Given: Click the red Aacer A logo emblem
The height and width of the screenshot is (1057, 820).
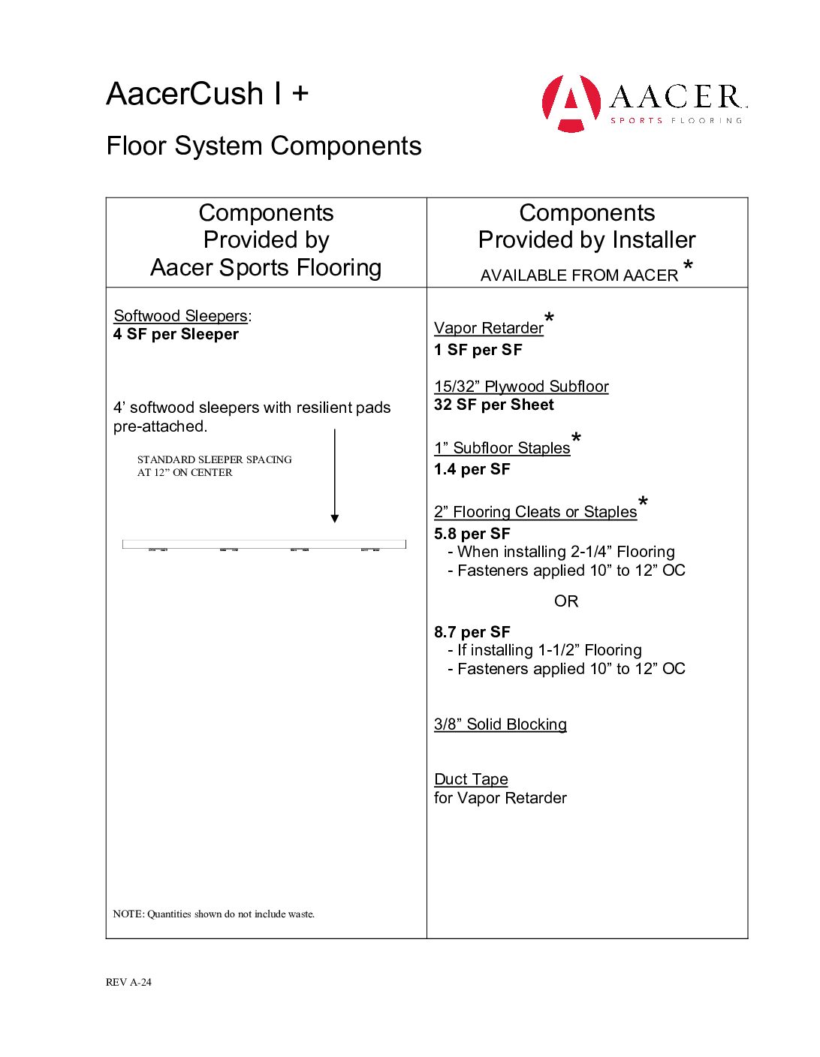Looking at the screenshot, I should coord(571,103).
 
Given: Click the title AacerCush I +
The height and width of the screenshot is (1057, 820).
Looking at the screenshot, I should coord(207,95).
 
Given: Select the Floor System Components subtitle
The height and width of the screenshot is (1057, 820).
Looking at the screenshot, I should coord(264,146).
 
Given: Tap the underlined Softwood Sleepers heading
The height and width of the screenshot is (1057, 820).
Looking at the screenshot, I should coord(180,316).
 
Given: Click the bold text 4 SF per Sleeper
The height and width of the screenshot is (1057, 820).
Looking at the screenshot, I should coord(176,334).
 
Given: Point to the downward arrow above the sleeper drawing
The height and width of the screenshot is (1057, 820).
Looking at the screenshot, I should coord(335,476).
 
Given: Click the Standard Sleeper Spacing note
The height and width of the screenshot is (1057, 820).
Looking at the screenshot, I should coord(214,465).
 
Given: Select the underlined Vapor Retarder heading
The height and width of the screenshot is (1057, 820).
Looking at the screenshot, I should coord(488,328).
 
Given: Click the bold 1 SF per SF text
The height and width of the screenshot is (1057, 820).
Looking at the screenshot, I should coord(478,350).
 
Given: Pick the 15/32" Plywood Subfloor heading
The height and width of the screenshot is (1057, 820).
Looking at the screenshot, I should coord(521,387).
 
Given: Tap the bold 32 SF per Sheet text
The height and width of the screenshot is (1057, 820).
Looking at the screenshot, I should coord(493,405).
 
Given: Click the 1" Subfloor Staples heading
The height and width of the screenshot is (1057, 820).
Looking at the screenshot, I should coord(502,448).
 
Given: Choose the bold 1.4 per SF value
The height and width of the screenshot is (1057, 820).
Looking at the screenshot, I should coord(472,469).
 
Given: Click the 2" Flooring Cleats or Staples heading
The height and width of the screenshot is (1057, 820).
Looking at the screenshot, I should coord(535,512).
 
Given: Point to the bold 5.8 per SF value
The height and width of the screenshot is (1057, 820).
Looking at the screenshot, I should coord(472,534).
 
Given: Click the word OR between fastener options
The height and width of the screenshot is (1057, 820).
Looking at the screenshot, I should coord(566,601).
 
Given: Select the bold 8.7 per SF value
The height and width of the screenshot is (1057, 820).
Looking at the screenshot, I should coord(472,632).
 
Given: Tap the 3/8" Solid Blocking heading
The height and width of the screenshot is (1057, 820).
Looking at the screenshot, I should coord(500,724).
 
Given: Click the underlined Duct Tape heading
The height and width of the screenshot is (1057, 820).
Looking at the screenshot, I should coord(471,779).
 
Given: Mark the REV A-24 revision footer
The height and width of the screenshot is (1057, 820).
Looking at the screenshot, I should coord(128,982).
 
